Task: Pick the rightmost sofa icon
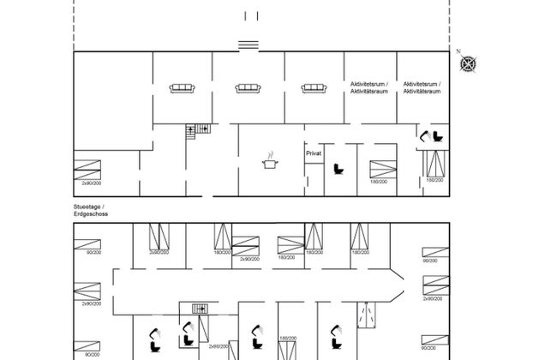pos(314,87)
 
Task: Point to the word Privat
pos(313,152)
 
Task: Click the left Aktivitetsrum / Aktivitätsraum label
pos(370,87)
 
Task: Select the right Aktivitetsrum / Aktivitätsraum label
pos(422,87)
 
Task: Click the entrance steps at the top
pos(249,45)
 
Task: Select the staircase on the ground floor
pos(201,309)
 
